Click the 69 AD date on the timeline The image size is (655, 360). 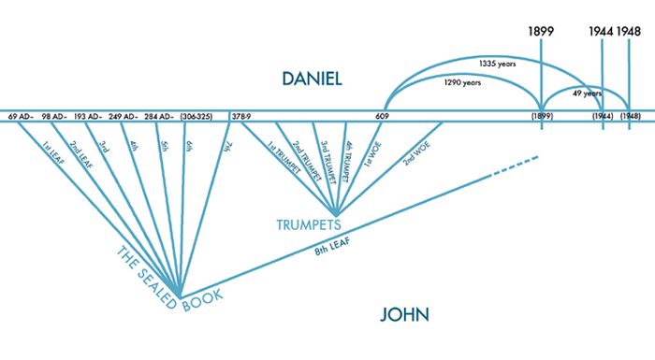(21, 116)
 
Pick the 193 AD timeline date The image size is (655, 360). (91, 116)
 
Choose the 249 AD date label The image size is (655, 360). (124, 116)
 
